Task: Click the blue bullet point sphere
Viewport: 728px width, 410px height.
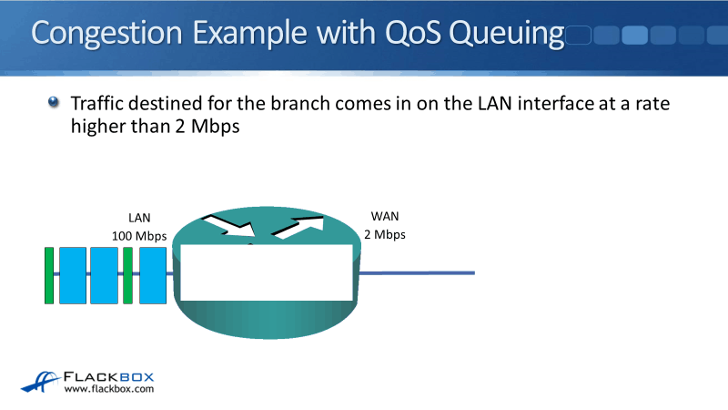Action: pos(54,103)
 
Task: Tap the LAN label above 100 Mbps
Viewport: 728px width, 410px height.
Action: pos(139,218)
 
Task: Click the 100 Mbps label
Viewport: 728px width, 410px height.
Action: pos(139,235)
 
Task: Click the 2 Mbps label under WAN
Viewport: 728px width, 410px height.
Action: pos(385,234)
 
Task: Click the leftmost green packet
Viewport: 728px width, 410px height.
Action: pos(49,274)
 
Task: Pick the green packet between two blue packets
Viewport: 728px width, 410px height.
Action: pos(127,274)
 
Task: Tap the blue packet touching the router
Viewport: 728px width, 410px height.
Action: pos(152,274)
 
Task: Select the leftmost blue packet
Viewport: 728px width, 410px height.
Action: pos(73,274)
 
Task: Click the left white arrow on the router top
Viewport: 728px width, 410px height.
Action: pos(230,225)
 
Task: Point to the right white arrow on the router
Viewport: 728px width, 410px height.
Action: pos(298,226)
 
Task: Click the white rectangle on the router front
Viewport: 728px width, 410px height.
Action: pos(265,272)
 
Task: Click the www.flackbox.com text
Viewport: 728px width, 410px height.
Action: pos(109,389)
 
